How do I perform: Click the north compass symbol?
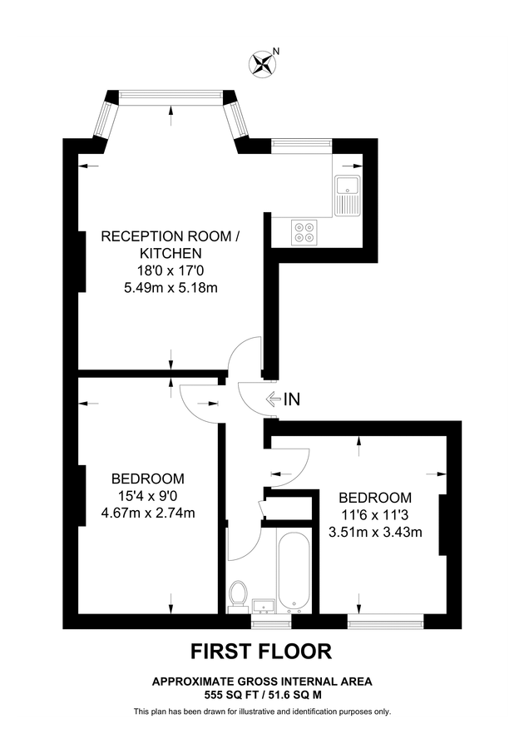click(263, 62)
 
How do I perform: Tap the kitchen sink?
click(347, 196)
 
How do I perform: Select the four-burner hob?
click(304, 231)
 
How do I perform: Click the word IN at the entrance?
click(291, 399)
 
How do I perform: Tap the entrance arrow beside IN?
click(273, 399)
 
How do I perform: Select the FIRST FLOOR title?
click(261, 650)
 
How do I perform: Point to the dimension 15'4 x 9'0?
click(148, 496)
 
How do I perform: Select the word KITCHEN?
click(170, 254)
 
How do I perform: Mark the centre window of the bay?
click(171, 97)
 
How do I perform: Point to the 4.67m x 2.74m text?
click(148, 513)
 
